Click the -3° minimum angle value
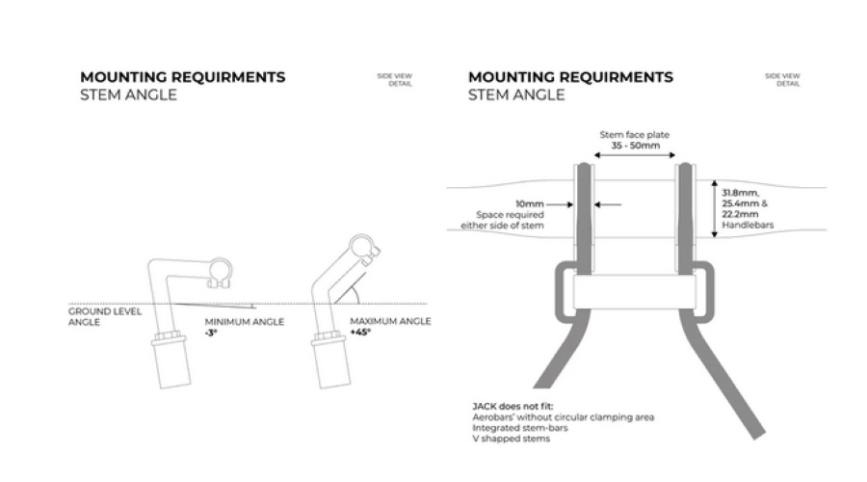tap(209, 333)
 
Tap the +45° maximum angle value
tap(359, 333)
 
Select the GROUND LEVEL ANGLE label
tap(92, 317)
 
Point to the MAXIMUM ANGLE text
tap(390, 321)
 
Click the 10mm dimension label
tap(530, 204)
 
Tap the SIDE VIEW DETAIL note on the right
tap(782, 80)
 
